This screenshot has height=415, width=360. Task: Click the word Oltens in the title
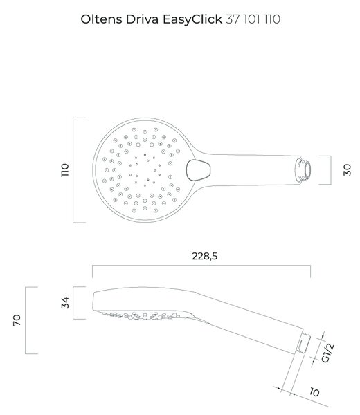102,19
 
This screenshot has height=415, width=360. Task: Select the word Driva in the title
142,19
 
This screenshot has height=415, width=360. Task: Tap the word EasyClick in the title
192,19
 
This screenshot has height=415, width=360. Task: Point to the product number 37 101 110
253,19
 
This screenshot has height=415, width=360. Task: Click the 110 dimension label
65,170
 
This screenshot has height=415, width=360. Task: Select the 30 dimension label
347,170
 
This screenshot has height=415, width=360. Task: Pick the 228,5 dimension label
204,256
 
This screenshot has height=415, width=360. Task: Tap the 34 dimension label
65,303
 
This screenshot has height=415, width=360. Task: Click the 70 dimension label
17,320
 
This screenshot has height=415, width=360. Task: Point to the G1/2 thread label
327,353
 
